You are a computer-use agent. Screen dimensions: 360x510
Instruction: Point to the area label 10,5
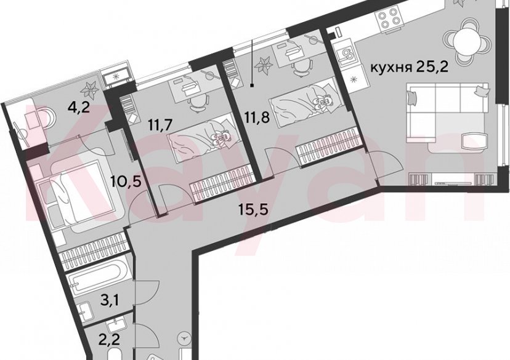click(x=123, y=183)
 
